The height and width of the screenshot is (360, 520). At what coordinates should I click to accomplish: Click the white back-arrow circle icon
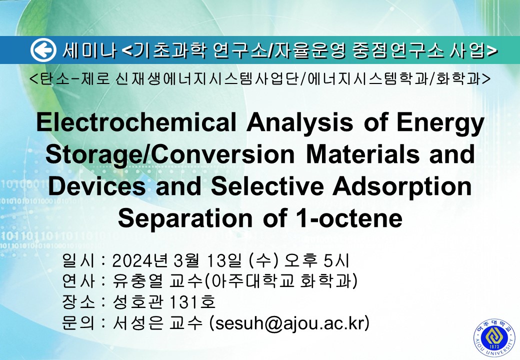tap(43, 50)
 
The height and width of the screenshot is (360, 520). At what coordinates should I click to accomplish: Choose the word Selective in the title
tap(267, 186)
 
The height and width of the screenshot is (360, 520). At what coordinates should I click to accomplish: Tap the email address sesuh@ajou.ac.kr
tap(289, 323)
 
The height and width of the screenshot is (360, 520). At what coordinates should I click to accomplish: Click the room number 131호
tap(192, 302)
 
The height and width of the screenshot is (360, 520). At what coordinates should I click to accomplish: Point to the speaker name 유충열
tap(138, 281)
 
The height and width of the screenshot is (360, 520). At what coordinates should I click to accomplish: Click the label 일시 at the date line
tap(78, 261)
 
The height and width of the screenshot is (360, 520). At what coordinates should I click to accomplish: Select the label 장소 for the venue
tap(78, 302)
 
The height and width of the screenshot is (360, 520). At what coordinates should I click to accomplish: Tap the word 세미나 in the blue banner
tap(89, 50)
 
